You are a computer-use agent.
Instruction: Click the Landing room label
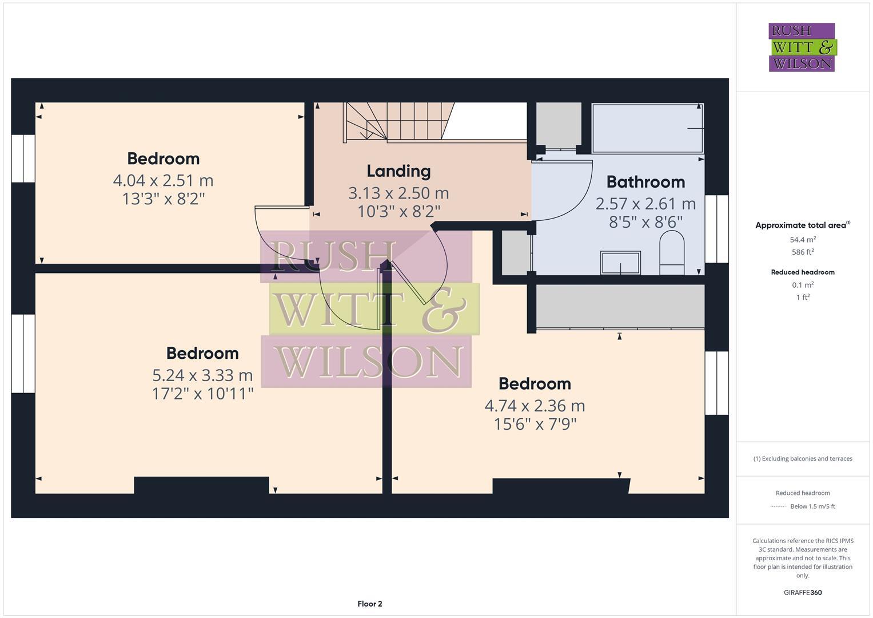[398, 171]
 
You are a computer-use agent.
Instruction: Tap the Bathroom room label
[645, 182]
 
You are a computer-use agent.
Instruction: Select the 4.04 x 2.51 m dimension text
[163, 181]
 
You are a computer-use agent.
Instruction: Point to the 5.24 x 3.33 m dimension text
[202, 375]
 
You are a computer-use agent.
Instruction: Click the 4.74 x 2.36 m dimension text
[535, 406]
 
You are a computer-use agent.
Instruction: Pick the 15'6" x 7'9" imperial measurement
[535, 424]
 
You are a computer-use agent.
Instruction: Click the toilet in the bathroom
[672, 252]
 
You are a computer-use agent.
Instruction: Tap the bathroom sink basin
[620, 263]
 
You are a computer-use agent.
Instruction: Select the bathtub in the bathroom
[647, 128]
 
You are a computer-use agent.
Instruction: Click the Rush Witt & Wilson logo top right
[802, 47]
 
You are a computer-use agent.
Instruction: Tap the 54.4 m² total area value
[803, 240]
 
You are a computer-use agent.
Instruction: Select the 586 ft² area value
[803, 252]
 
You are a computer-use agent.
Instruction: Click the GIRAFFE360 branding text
[803, 592]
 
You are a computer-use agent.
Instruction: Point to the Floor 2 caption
[370, 604]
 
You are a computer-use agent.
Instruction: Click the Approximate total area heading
[801, 225]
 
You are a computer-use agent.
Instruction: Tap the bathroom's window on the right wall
[716, 229]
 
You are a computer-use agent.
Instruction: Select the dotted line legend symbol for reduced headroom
[778, 506]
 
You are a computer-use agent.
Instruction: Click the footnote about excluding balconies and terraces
[803, 458]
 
